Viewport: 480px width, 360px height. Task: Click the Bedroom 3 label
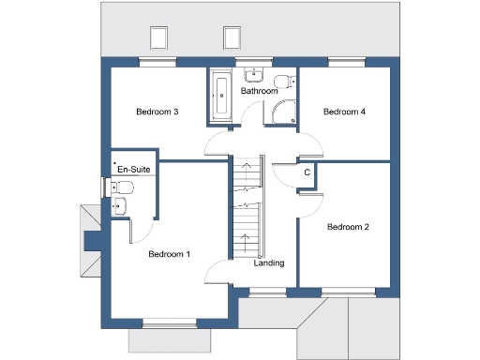point(157,112)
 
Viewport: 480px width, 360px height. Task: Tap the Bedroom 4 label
point(344,112)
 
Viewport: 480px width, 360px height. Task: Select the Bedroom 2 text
point(347,227)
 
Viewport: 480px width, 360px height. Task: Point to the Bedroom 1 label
point(169,254)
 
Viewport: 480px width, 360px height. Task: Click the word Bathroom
point(259,92)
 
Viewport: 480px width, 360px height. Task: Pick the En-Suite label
point(133,169)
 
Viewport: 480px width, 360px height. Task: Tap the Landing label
point(269,262)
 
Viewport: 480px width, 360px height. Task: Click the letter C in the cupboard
point(307,172)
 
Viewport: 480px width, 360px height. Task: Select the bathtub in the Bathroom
point(221,97)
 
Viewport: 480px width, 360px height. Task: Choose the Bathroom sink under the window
point(253,76)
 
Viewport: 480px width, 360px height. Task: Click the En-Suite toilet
point(123,188)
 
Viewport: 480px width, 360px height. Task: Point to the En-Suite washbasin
point(118,207)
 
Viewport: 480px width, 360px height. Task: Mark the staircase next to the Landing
point(245,208)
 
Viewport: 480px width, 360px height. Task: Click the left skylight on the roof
point(158,37)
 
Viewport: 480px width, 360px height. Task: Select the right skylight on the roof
point(232,37)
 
